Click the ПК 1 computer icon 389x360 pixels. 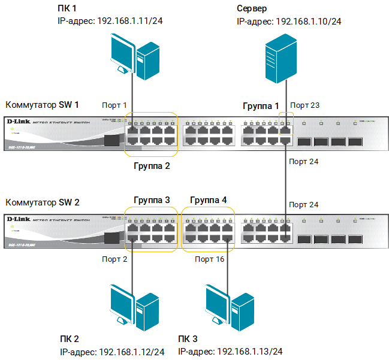(135, 57)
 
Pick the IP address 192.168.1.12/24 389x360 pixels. (131, 352)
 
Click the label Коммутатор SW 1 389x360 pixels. (41, 104)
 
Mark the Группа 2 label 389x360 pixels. (152, 166)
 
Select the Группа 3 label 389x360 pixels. (152, 199)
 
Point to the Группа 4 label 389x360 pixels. (208, 199)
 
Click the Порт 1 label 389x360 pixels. (114, 105)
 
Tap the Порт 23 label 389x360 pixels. (307, 105)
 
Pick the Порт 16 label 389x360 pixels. (209, 259)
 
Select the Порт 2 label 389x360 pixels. (114, 259)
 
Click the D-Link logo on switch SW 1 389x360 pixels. (18, 122)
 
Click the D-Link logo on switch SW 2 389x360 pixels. (18, 220)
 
